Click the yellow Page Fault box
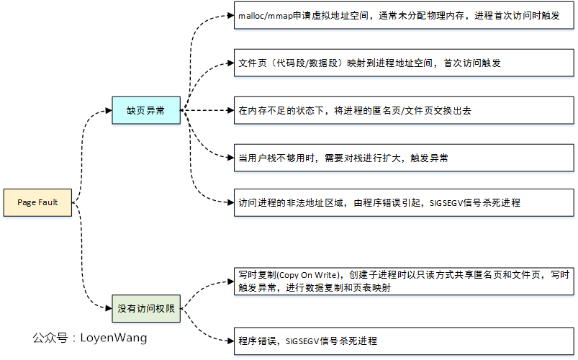37,202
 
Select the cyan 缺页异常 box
145,111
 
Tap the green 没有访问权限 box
145,309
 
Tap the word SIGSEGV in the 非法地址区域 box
446,203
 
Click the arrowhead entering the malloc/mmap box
230,16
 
